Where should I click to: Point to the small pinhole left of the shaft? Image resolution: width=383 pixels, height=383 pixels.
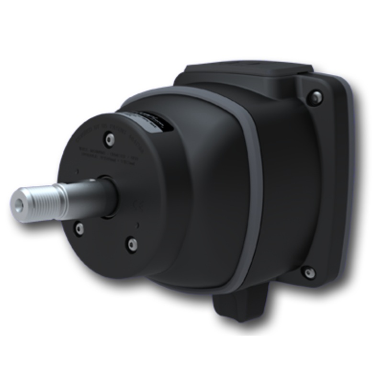[x=77, y=171]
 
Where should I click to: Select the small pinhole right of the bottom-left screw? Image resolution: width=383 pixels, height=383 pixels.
[x=138, y=225]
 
